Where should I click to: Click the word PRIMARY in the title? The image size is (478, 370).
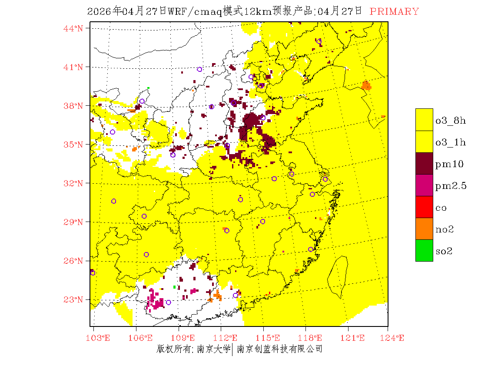pos(394,12)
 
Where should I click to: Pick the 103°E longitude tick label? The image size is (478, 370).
pos(98,338)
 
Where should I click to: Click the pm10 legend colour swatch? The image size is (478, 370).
pos(424,163)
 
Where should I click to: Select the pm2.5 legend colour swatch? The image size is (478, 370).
pos(424,185)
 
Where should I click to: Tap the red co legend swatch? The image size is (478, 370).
pos(424,207)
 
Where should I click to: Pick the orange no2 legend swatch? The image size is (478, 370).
pos(424,229)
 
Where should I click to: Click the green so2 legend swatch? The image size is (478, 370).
pos(424,250)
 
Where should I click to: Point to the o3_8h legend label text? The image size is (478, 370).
pos(451,121)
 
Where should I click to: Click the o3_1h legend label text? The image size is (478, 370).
pos(451,142)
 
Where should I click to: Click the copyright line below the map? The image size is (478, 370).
pos(239,349)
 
